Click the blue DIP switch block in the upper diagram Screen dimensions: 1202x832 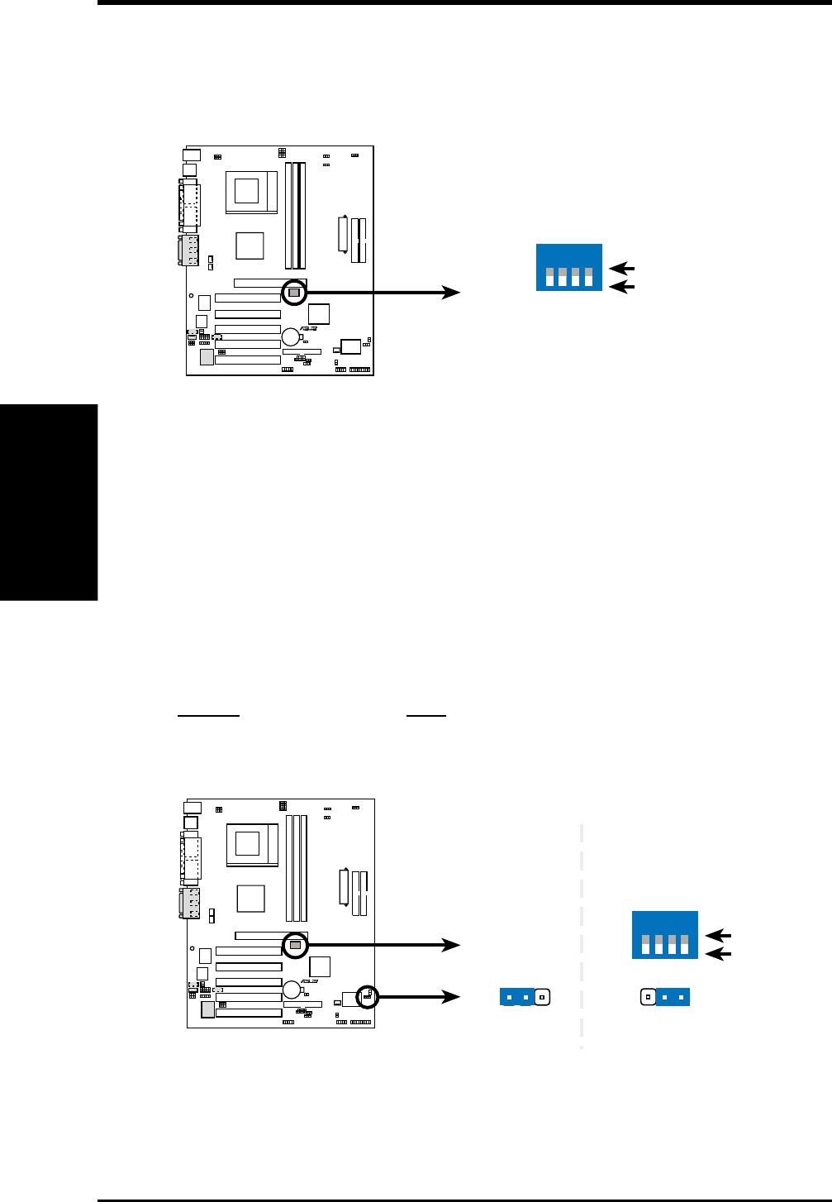point(569,267)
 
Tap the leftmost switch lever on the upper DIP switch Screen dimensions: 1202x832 point(549,276)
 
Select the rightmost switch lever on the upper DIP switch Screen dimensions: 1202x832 point(589,276)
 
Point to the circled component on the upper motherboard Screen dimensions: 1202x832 point(294,293)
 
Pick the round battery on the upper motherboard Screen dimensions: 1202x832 point(291,336)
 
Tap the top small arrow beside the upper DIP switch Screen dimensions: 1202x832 point(621,269)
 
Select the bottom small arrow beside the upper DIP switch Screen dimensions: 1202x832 point(621,286)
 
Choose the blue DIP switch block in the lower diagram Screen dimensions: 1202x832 point(665,935)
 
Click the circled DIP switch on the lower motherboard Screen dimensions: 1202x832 point(295,944)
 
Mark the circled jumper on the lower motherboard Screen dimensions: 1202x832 point(367,997)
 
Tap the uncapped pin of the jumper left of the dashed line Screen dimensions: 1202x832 point(542,997)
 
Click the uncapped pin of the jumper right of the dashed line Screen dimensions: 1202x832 point(649,997)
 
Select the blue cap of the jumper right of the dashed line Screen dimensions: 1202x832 point(673,997)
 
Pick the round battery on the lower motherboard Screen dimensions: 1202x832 point(292,990)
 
